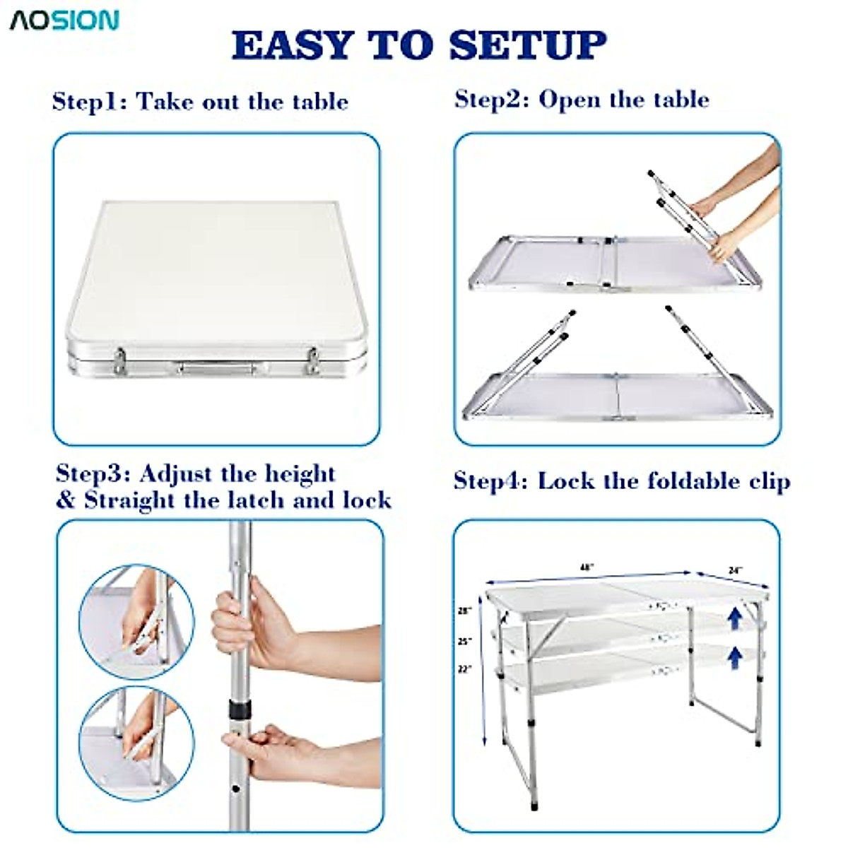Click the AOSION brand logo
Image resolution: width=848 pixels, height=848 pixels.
point(64,20)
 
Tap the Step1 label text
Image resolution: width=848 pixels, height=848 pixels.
point(88,102)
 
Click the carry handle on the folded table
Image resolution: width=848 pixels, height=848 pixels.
point(216,368)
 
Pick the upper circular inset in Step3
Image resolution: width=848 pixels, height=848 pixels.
point(136,622)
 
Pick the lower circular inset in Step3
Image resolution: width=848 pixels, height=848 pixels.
point(136,743)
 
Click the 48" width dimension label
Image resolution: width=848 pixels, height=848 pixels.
point(586,567)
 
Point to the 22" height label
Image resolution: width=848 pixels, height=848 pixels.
point(464,668)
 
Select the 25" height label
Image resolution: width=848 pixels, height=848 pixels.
point(464,642)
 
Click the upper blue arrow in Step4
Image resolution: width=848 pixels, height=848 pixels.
point(735,619)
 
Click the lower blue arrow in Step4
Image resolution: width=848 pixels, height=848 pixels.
point(735,657)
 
